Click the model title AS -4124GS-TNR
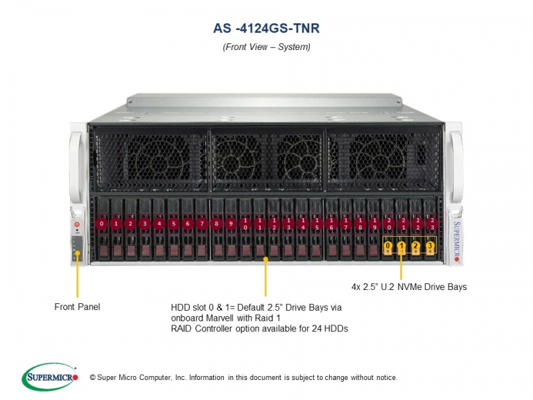tap(266, 28)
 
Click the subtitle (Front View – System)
tap(266, 47)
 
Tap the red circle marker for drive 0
tap(102, 223)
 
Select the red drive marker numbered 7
tap(202, 223)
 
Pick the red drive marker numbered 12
tap(274, 223)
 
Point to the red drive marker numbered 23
tap(432, 223)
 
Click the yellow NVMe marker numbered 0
tap(388, 245)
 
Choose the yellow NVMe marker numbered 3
tap(430, 245)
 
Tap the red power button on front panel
tap(77, 224)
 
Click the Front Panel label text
tap(77, 307)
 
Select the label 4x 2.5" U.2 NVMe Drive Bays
tap(409, 287)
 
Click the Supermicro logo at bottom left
tap(50, 377)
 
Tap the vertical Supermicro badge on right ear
tap(456, 241)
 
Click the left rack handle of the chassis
tap(75, 167)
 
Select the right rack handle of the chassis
tap(456, 167)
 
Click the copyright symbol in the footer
tap(93, 377)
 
